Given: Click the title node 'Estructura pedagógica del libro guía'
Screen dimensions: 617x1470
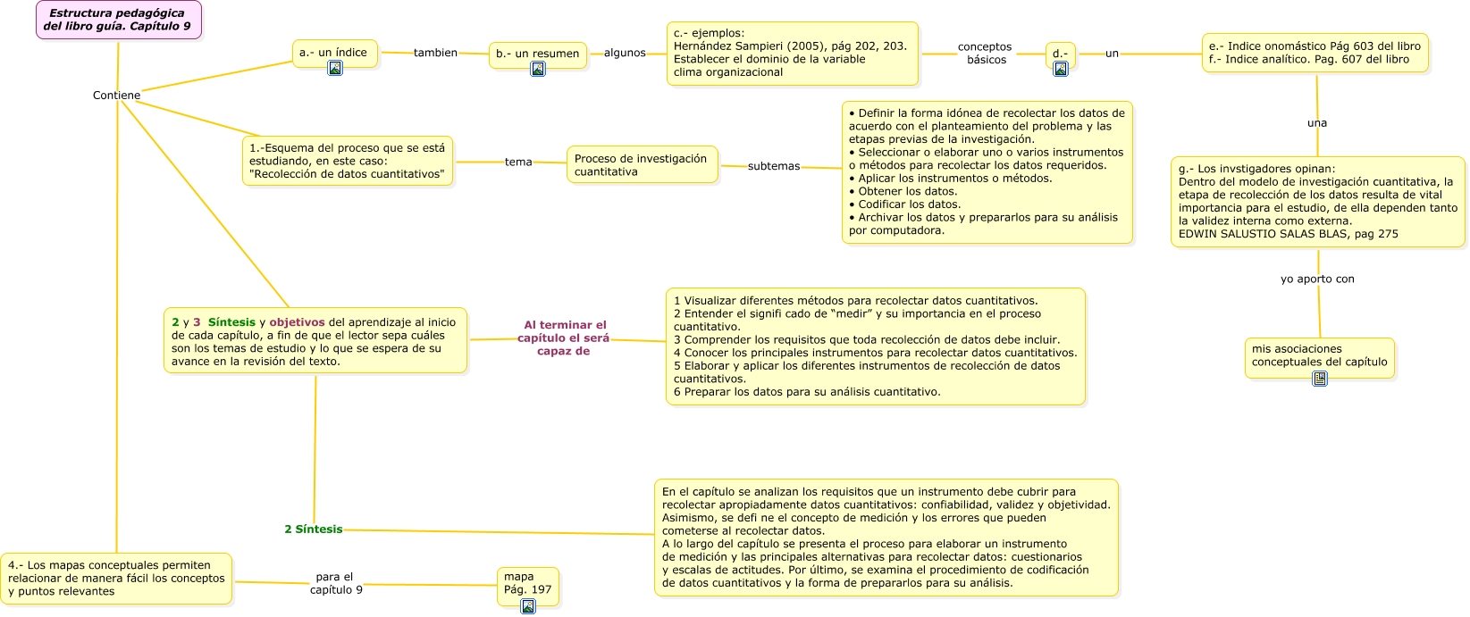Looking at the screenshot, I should (118, 20).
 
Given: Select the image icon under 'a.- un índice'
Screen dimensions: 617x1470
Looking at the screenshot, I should (335, 68).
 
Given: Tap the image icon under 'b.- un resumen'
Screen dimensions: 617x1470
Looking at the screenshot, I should (538, 69).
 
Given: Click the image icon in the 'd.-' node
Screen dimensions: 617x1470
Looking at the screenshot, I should (1061, 69).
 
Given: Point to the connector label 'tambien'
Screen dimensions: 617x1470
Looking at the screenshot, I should (435, 53).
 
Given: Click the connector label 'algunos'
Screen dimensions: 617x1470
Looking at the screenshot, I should (625, 53).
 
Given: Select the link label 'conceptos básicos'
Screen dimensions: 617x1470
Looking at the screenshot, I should (985, 54).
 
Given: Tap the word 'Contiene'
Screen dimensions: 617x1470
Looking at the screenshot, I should (116, 96).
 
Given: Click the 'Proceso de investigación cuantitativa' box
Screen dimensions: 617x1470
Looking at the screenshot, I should (642, 165).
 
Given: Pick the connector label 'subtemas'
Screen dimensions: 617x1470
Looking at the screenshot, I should (774, 166).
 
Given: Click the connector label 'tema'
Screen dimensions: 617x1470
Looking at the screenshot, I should (518, 162).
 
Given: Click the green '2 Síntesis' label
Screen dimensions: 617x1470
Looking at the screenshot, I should (314, 529).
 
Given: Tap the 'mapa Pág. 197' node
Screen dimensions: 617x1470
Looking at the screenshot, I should (527, 583).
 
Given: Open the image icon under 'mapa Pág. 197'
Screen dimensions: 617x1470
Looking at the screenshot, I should (528, 606).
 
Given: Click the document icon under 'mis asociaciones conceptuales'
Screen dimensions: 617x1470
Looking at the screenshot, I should (1320, 379).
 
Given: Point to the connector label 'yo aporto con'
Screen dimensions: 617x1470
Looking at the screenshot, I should (1317, 279).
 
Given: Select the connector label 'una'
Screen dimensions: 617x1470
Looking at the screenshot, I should (1317, 123).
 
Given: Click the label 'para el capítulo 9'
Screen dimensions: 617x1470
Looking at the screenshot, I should (335, 583).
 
